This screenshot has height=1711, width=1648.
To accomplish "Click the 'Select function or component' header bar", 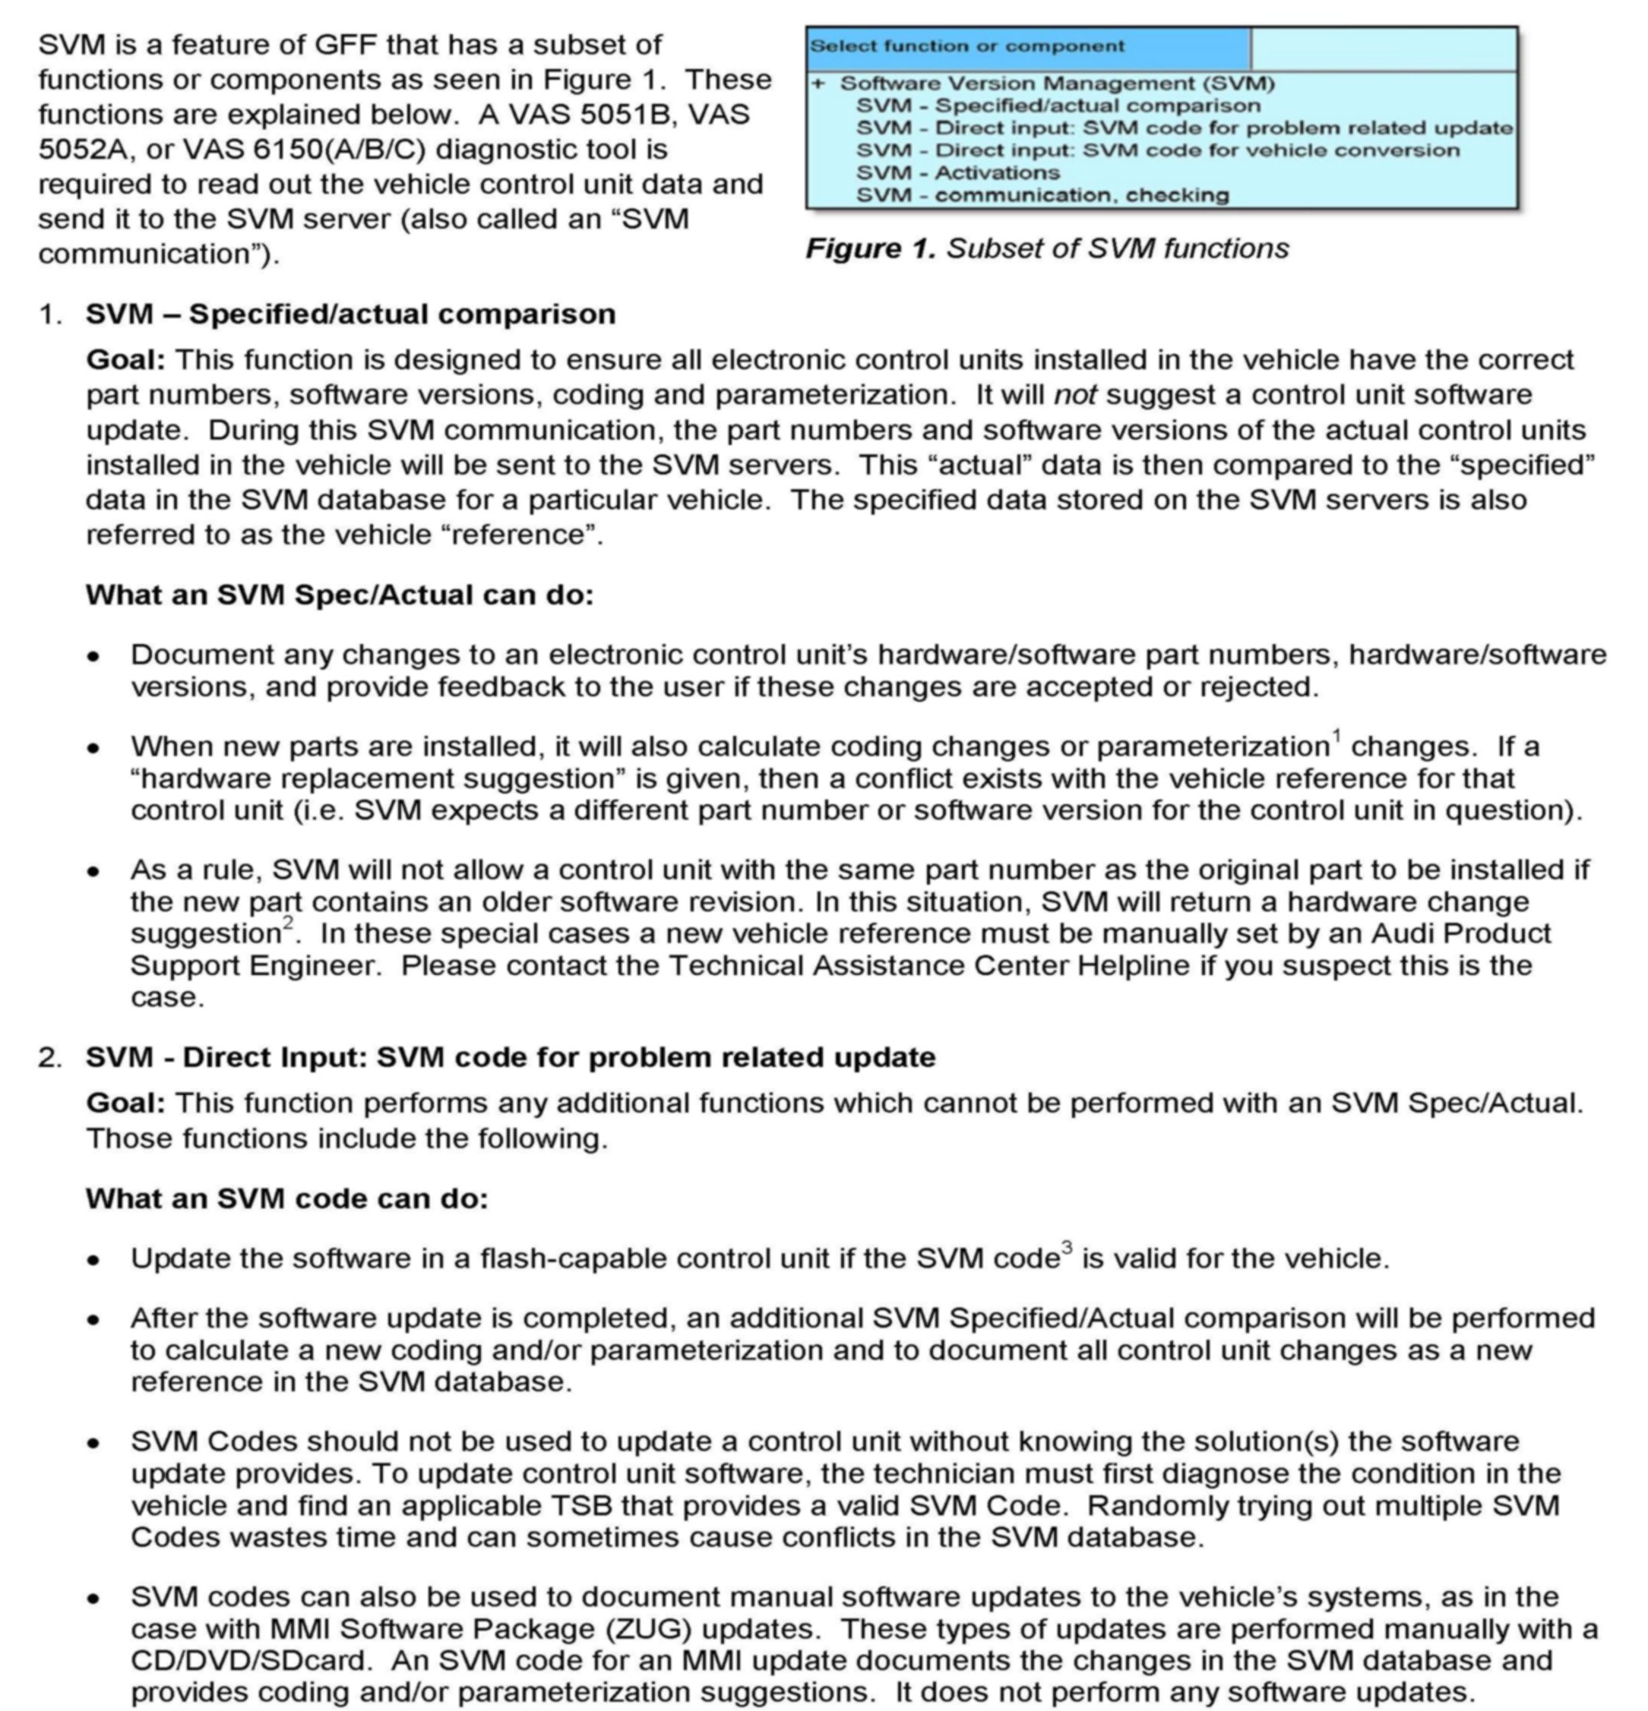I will pos(1027,47).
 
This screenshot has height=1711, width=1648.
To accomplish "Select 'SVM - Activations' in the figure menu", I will pos(957,173).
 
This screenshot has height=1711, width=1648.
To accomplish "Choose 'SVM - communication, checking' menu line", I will pos(1042,195).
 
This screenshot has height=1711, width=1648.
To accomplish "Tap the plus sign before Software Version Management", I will pos(818,84).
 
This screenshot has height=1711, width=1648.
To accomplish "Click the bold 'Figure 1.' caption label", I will pos(870,249).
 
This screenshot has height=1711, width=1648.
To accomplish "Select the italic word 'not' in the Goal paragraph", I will pos(1074,396).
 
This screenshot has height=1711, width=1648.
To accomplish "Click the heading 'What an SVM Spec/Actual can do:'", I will pos(339,595).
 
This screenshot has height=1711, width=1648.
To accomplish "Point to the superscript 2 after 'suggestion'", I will pos(288,923).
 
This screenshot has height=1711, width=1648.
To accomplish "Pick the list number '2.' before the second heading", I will pos(50,1057).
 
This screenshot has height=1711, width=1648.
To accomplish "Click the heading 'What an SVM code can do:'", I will pos(286,1198).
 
